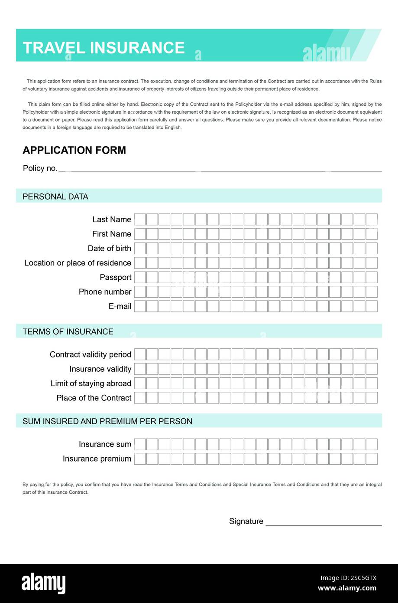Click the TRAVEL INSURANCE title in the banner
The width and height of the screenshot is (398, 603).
[104, 47]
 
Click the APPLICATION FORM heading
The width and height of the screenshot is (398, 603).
[74, 150]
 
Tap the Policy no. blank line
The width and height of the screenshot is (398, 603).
[220, 169]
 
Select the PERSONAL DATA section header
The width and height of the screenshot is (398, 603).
[55, 197]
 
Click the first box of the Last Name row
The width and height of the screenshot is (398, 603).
[140, 220]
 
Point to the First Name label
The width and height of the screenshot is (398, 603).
[111, 234]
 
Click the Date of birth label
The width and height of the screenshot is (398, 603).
[109, 249]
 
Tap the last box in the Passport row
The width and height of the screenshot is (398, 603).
[372, 277]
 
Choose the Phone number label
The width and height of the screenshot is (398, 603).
[105, 292]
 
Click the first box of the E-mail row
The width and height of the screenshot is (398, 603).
[140, 306]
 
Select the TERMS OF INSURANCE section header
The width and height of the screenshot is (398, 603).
[68, 331]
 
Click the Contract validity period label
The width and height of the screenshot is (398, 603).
[90, 354]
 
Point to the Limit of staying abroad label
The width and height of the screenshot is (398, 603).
[91, 383]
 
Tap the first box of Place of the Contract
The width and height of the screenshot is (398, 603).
[140, 398]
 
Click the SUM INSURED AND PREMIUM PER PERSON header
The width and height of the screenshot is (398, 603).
[107, 421]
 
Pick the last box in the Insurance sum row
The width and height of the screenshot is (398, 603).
[372, 444]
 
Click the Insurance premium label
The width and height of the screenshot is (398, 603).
[97, 459]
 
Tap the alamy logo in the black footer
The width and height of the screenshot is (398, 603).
[44, 583]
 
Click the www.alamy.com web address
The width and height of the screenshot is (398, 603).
[347, 589]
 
